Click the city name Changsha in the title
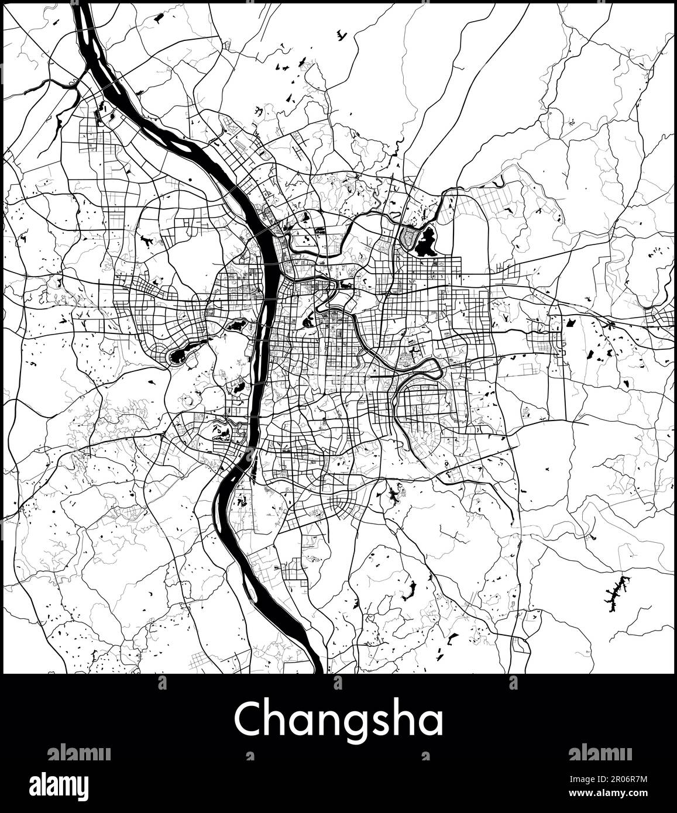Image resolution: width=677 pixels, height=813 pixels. pos(338,719)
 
